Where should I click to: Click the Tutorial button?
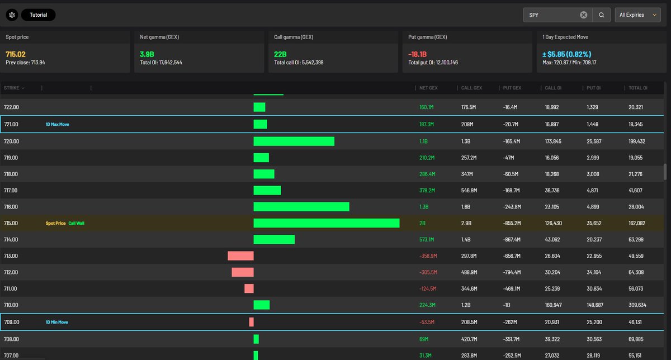click(x=39, y=15)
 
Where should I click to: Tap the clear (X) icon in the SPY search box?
click(x=584, y=15)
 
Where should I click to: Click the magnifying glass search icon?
click(x=601, y=15)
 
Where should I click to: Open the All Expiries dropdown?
click(x=638, y=15)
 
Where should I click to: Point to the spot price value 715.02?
click(x=16, y=54)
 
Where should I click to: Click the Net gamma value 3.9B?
click(x=147, y=54)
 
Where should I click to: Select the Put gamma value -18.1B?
click(x=417, y=54)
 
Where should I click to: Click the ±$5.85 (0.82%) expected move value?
click(x=567, y=54)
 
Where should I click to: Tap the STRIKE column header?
click(x=11, y=88)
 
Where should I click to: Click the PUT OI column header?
click(x=593, y=88)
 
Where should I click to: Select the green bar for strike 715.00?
click(x=327, y=223)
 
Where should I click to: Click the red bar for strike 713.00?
click(x=240, y=256)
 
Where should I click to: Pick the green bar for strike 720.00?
click(x=294, y=141)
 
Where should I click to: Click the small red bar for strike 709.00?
click(x=251, y=322)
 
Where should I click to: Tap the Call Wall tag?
click(x=77, y=223)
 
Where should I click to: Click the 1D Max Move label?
click(x=57, y=124)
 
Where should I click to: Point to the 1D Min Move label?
click(x=57, y=322)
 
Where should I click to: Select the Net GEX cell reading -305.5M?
click(x=428, y=272)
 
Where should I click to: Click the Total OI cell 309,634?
click(x=637, y=305)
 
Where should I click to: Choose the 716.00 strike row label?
click(x=11, y=207)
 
